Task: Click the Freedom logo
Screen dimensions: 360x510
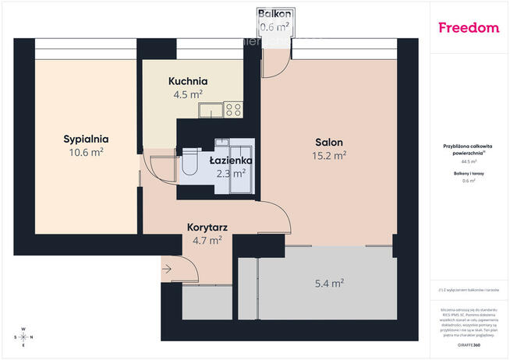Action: click(x=469, y=28)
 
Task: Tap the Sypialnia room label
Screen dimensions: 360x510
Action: click(x=86, y=139)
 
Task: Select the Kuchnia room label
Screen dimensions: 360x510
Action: click(x=188, y=81)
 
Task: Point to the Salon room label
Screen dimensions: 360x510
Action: click(x=329, y=142)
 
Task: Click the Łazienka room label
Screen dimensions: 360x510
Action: click(x=230, y=161)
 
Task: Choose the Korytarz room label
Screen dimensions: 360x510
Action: click(x=207, y=228)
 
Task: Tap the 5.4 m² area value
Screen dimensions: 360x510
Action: click(x=329, y=284)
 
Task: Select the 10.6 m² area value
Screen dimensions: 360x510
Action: click(x=86, y=153)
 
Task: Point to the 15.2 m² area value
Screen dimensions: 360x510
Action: click(x=330, y=155)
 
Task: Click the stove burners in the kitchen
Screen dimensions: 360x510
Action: click(x=233, y=110)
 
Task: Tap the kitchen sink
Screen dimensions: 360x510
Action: click(x=208, y=110)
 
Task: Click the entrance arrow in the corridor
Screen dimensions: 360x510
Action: click(x=168, y=270)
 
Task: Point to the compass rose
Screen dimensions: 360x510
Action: click(x=23, y=337)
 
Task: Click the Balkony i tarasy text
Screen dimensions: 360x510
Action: click(x=469, y=174)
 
